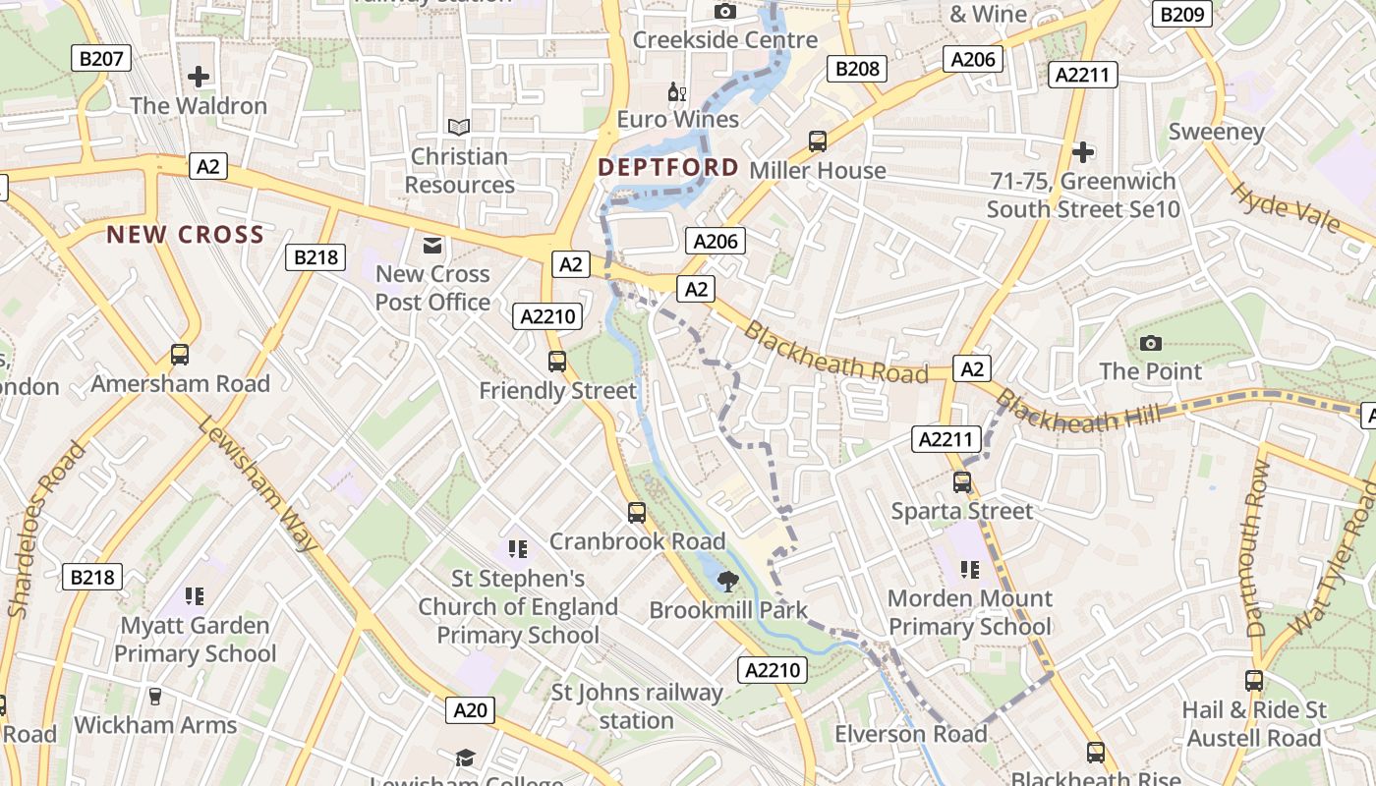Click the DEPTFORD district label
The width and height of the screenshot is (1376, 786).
[668, 167]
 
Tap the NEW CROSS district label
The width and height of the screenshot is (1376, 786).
[185, 235]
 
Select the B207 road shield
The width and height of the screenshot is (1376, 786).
[101, 59]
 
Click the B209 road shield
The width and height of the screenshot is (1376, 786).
[1183, 14]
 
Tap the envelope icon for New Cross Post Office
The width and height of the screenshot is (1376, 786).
[432, 245]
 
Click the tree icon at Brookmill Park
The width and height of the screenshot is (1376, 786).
[727, 581]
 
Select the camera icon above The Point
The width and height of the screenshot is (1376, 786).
[1151, 343]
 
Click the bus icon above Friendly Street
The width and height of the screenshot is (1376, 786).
[557, 362]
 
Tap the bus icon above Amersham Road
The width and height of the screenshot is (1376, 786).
[180, 355]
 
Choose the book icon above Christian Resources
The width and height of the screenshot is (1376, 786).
[459, 127]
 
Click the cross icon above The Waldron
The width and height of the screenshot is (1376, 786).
[199, 77]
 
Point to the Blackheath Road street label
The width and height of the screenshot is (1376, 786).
[834, 353]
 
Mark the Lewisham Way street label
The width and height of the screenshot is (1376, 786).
[259, 483]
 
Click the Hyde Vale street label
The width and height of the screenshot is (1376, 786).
[1285, 208]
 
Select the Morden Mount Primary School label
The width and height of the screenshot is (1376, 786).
[969, 612]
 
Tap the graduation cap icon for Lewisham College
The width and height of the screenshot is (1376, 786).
[465, 758]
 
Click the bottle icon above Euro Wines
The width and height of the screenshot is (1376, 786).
[676, 92]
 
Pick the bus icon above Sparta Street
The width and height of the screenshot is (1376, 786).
[962, 482]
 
